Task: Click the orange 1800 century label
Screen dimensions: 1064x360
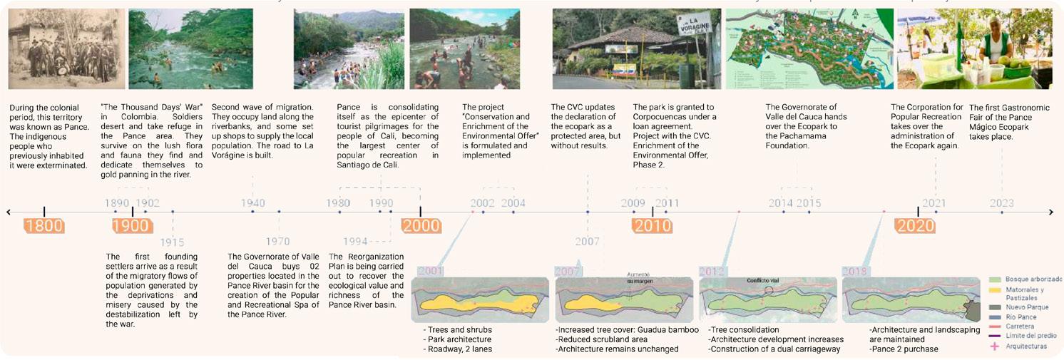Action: pyautogui.click(x=44, y=227)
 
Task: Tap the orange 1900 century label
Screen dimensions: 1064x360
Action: pyautogui.click(x=132, y=227)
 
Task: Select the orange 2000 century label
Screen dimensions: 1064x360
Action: pyautogui.click(x=421, y=227)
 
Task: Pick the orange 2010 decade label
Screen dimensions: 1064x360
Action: pyautogui.click(x=652, y=227)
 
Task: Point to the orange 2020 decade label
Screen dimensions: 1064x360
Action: pyautogui.click(x=916, y=227)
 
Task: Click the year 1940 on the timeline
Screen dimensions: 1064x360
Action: pyautogui.click(x=252, y=203)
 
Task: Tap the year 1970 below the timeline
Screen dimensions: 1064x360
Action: pyautogui.click(x=279, y=242)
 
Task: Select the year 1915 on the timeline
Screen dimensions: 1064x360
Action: pyautogui.click(x=172, y=242)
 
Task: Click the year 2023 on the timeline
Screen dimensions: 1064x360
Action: pyautogui.click(x=1001, y=203)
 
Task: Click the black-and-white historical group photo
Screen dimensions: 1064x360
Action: pyautogui.click(x=66, y=48)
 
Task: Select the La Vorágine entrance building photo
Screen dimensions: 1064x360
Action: pyautogui.click(x=636, y=48)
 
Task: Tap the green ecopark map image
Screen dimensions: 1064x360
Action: pyautogui.click(x=809, y=48)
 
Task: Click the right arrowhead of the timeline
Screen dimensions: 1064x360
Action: pyautogui.click(x=1052, y=212)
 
